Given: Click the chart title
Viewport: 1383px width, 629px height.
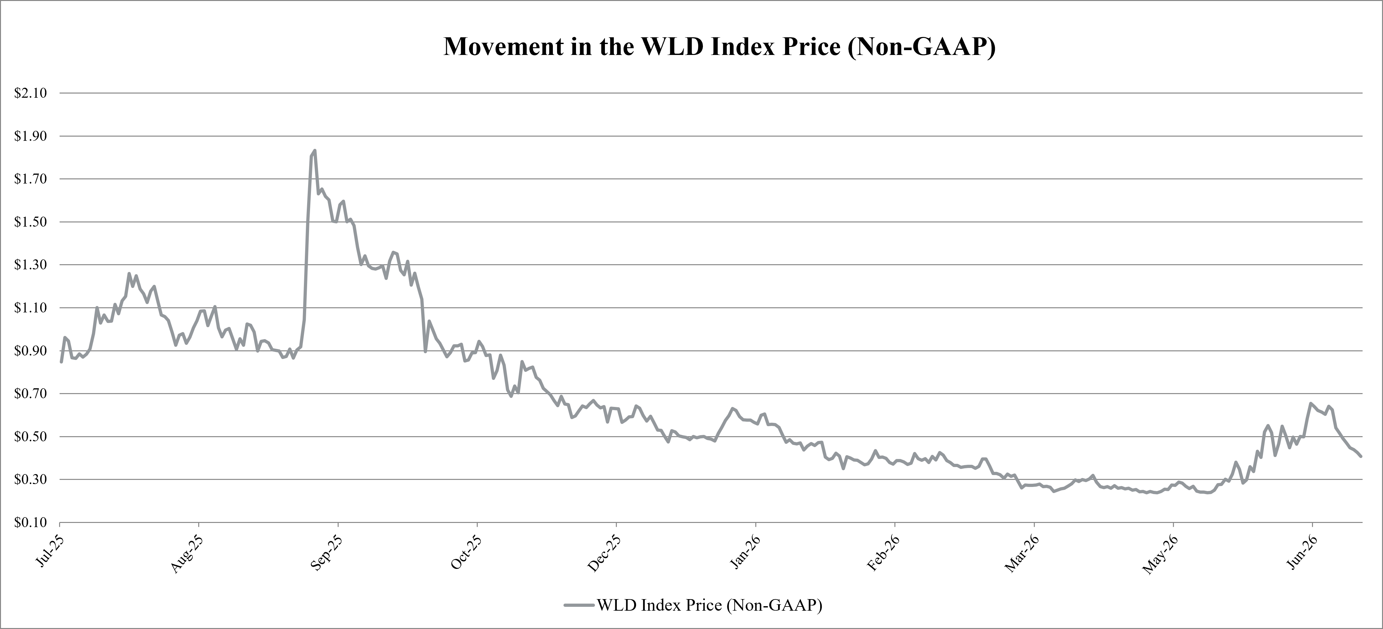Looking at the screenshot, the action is point(719,47).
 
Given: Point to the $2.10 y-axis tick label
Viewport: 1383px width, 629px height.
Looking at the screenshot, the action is point(31,93).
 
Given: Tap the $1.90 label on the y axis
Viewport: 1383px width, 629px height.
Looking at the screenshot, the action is point(31,136).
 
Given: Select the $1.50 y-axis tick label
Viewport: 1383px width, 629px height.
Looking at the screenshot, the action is point(31,222).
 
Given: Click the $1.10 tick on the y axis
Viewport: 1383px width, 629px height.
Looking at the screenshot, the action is point(31,308).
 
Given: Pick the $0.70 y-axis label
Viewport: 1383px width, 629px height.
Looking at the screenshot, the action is point(31,394).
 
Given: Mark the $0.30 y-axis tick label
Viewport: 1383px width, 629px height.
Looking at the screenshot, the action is point(31,479).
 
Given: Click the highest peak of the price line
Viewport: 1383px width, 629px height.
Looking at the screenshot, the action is point(315,150).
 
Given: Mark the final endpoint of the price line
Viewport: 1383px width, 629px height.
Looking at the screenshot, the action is point(1361,456).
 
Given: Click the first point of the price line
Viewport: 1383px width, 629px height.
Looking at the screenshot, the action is point(61,362).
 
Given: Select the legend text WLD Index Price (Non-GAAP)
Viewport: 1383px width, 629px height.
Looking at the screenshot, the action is point(710,605).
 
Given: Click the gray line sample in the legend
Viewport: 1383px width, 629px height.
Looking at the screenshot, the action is point(580,605).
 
